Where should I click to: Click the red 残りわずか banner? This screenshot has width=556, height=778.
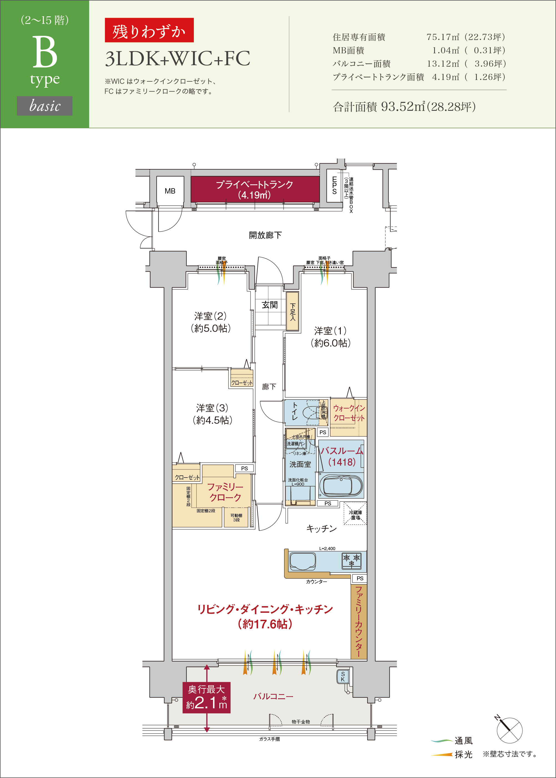149,31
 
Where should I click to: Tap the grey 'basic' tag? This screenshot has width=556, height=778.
44,106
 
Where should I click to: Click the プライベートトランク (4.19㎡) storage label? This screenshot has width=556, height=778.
254,190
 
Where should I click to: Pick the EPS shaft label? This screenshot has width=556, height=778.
334,185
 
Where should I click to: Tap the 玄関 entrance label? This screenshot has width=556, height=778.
269,305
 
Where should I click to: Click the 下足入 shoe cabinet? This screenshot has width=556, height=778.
292,311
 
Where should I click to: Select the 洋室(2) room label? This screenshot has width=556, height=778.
210,322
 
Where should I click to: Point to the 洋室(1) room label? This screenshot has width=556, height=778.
330,337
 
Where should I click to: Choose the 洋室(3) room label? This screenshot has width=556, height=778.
212,414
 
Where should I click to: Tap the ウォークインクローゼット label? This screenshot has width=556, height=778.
349,413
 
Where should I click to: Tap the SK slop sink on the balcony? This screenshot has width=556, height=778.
343,677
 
